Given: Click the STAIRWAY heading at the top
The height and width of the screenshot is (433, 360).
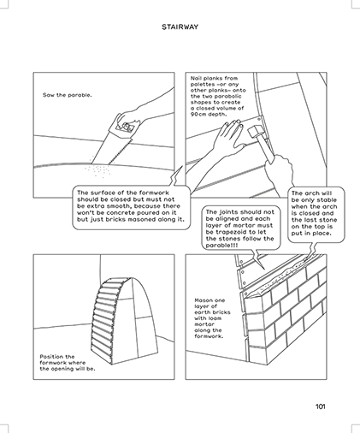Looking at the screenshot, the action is (180, 27).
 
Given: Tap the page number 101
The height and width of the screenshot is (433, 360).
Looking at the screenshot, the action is (321, 406).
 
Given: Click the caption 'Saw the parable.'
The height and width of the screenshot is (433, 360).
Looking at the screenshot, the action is (68, 95).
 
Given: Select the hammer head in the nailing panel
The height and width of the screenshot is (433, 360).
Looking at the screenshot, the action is (255, 132).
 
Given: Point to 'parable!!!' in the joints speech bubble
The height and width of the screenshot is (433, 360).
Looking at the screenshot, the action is (220, 246).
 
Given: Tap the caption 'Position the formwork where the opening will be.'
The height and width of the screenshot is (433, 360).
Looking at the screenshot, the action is (68, 363).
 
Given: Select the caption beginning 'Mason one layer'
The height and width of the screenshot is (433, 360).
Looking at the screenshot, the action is (212, 318).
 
